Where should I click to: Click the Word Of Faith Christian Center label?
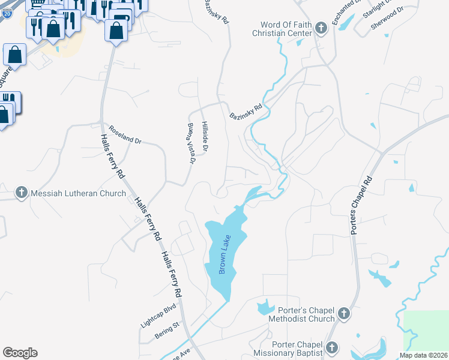point(286,29)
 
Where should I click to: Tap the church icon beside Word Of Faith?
point(321,28)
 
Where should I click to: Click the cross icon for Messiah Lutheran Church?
point(21,193)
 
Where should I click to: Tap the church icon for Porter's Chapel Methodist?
point(343,313)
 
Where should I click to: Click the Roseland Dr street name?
point(125,134)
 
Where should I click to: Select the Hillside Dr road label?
point(205,135)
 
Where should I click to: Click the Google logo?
point(20,353)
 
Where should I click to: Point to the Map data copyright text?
point(423,355)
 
